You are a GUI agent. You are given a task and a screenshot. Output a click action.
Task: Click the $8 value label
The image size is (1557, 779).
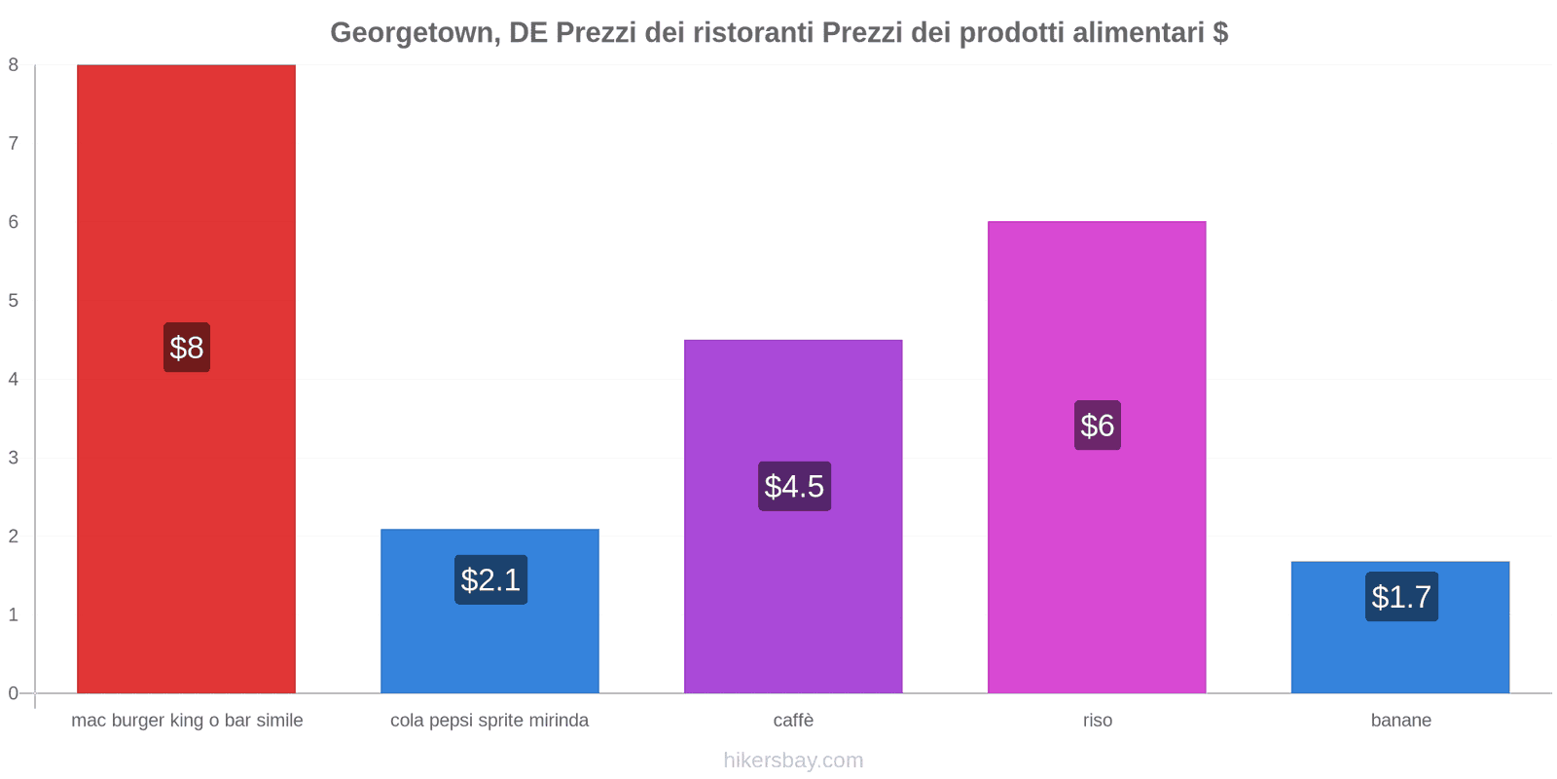pos(187,348)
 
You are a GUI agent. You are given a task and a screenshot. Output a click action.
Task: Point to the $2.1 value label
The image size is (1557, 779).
pos(490,580)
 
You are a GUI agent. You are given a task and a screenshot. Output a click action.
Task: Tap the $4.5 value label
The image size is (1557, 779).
pos(794,486)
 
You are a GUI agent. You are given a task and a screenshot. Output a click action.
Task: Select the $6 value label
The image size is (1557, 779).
pos(1098,426)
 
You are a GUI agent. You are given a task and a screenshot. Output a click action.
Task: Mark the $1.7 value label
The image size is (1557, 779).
pos(1401,597)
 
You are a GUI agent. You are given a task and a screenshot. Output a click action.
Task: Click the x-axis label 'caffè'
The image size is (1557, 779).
pos(793,721)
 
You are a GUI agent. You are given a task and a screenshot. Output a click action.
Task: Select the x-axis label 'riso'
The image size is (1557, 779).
pos(1097,721)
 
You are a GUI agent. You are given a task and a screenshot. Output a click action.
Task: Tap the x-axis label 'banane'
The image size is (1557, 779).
pos(1400,721)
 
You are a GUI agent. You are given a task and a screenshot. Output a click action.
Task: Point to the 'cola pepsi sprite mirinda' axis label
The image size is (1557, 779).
pos(489,721)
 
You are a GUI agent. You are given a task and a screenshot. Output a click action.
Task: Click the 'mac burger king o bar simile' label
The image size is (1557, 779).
pos(187,721)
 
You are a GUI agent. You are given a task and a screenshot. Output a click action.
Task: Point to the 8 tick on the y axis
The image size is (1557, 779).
pos(14,65)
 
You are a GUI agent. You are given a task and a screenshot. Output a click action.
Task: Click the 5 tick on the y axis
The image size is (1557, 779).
pos(14,301)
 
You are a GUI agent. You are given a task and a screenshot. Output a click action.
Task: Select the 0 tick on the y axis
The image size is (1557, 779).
pos(14,693)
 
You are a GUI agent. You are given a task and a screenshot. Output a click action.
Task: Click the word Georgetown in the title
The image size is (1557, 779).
pos(413,33)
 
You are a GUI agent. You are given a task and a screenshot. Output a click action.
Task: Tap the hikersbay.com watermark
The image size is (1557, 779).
pos(793,760)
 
